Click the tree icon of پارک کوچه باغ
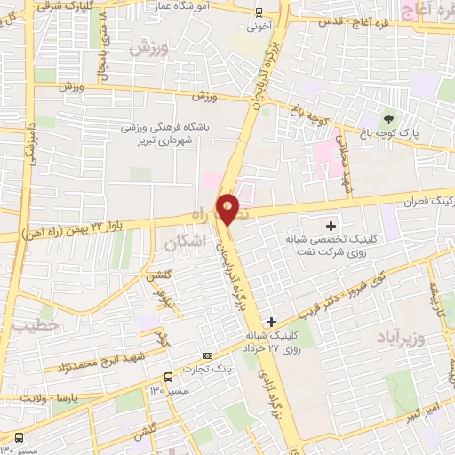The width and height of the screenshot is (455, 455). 387,119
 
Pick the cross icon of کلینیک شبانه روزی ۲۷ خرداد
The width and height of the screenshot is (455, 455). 271,322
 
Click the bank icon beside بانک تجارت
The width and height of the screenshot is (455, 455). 207,355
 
